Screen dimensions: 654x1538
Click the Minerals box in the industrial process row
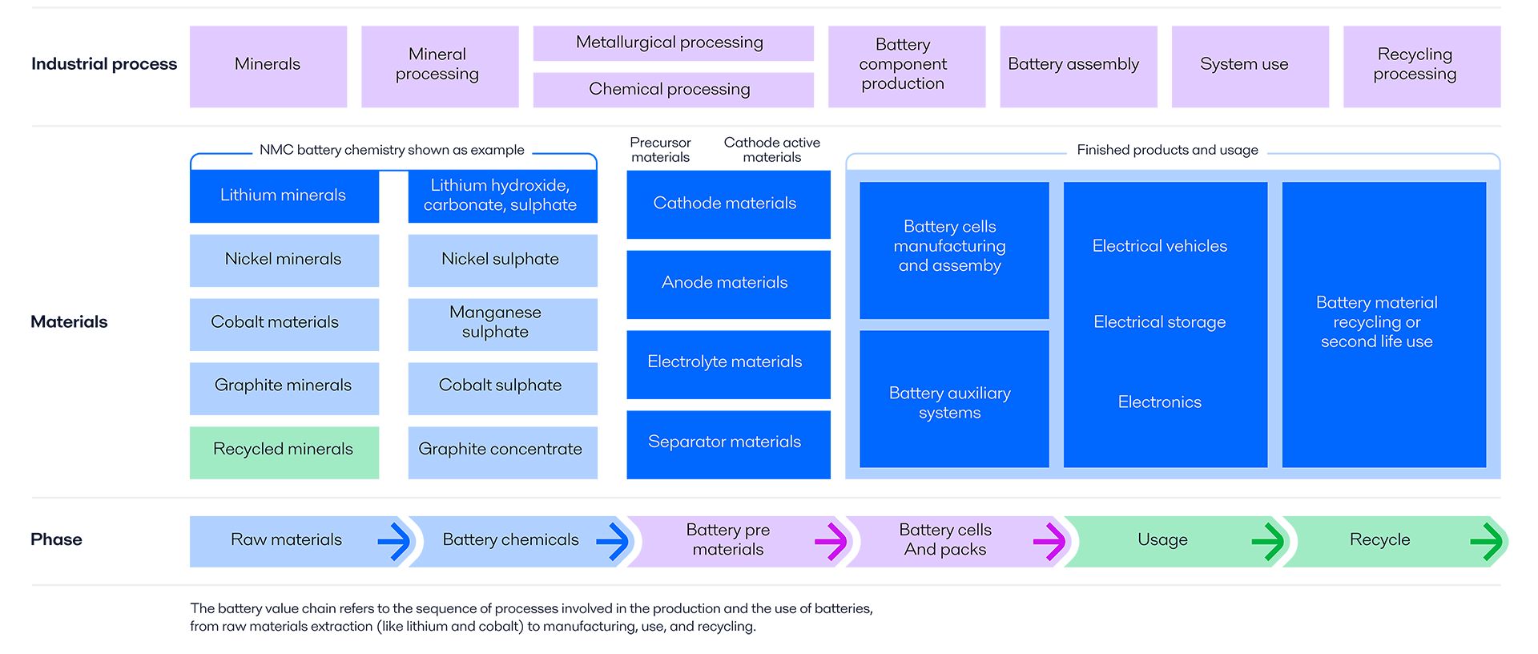(268, 66)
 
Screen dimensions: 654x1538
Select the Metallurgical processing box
(673, 42)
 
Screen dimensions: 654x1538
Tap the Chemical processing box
(673, 89)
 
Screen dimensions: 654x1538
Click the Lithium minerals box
(284, 196)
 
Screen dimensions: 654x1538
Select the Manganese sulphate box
(502, 324)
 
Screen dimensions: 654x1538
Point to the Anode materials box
(727, 284)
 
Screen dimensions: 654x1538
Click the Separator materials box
(727, 443)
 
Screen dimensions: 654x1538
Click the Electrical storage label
(1159, 322)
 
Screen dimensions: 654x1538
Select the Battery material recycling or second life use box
(1383, 323)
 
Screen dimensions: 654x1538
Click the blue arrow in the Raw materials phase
(394, 541)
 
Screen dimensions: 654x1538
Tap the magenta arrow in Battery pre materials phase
(831, 541)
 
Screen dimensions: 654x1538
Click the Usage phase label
(1162, 540)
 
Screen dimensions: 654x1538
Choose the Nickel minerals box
(284, 260)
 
